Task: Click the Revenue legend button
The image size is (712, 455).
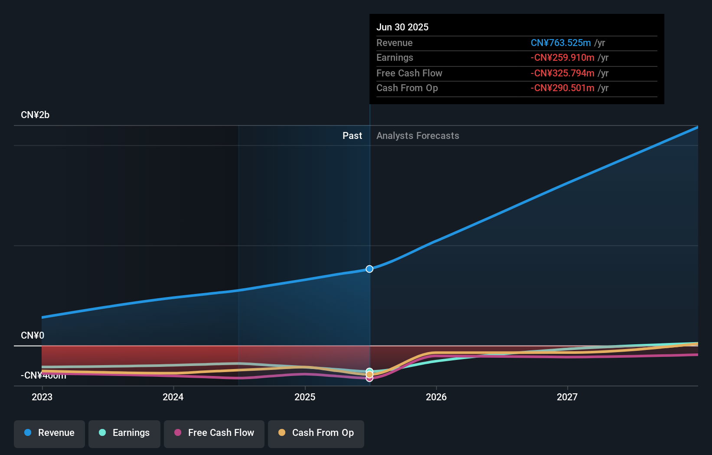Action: pyautogui.click(x=49, y=433)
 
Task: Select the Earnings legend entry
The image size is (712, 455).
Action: pyautogui.click(x=124, y=433)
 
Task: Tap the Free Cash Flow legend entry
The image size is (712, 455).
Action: pyautogui.click(x=214, y=433)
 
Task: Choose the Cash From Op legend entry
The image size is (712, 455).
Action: pyautogui.click(x=316, y=433)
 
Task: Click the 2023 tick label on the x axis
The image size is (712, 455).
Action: pyautogui.click(x=42, y=397)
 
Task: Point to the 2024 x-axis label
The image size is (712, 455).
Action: pyautogui.click(x=173, y=397)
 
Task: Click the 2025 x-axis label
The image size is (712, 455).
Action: pyautogui.click(x=305, y=397)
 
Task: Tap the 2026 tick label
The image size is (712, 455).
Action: pyautogui.click(x=436, y=397)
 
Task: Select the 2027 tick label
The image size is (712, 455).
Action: pyautogui.click(x=567, y=397)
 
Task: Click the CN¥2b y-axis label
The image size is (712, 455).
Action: pyautogui.click(x=35, y=115)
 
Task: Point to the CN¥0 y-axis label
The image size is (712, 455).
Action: pyautogui.click(x=33, y=336)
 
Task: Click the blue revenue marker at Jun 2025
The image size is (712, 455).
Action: pyautogui.click(x=369, y=269)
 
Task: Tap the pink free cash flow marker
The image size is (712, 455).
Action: pyautogui.click(x=369, y=379)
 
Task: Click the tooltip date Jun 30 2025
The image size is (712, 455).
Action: pyautogui.click(x=402, y=27)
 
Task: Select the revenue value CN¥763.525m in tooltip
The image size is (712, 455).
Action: pyautogui.click(x=561, y=43)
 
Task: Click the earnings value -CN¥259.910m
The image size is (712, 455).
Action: pyautogui.click(x=562, y=58)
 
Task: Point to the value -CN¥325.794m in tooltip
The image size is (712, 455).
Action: pyautogui.click(x=562, y=73)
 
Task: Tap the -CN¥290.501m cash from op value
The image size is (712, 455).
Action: pyautogui.click(x=562, y=88)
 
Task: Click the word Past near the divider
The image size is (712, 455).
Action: pyautogui.click(x=352, y=136)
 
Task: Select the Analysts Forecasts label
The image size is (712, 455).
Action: pyautogui.click(x=418, y=136)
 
